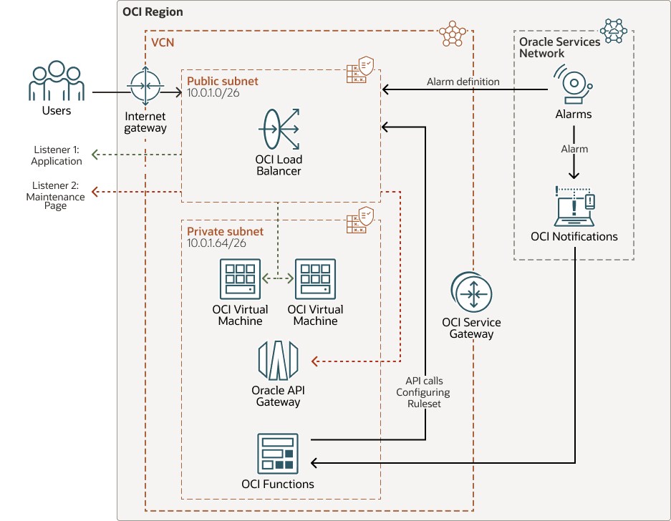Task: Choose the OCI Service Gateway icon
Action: (471, 293)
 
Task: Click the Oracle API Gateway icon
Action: (278, 360)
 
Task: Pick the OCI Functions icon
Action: (278, 453)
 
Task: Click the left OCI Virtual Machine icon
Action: (240, 280)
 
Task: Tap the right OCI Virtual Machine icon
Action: (315, 280)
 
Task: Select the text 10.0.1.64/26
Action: (217, 243)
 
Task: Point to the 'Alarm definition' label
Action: (463, 82)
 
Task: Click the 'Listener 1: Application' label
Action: (57, 155)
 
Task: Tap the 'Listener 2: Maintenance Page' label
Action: (55, 195)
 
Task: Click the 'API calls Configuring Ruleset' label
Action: (423, 392)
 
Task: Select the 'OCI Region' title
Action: (153, 12)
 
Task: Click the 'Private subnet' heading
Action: (225, 231)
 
